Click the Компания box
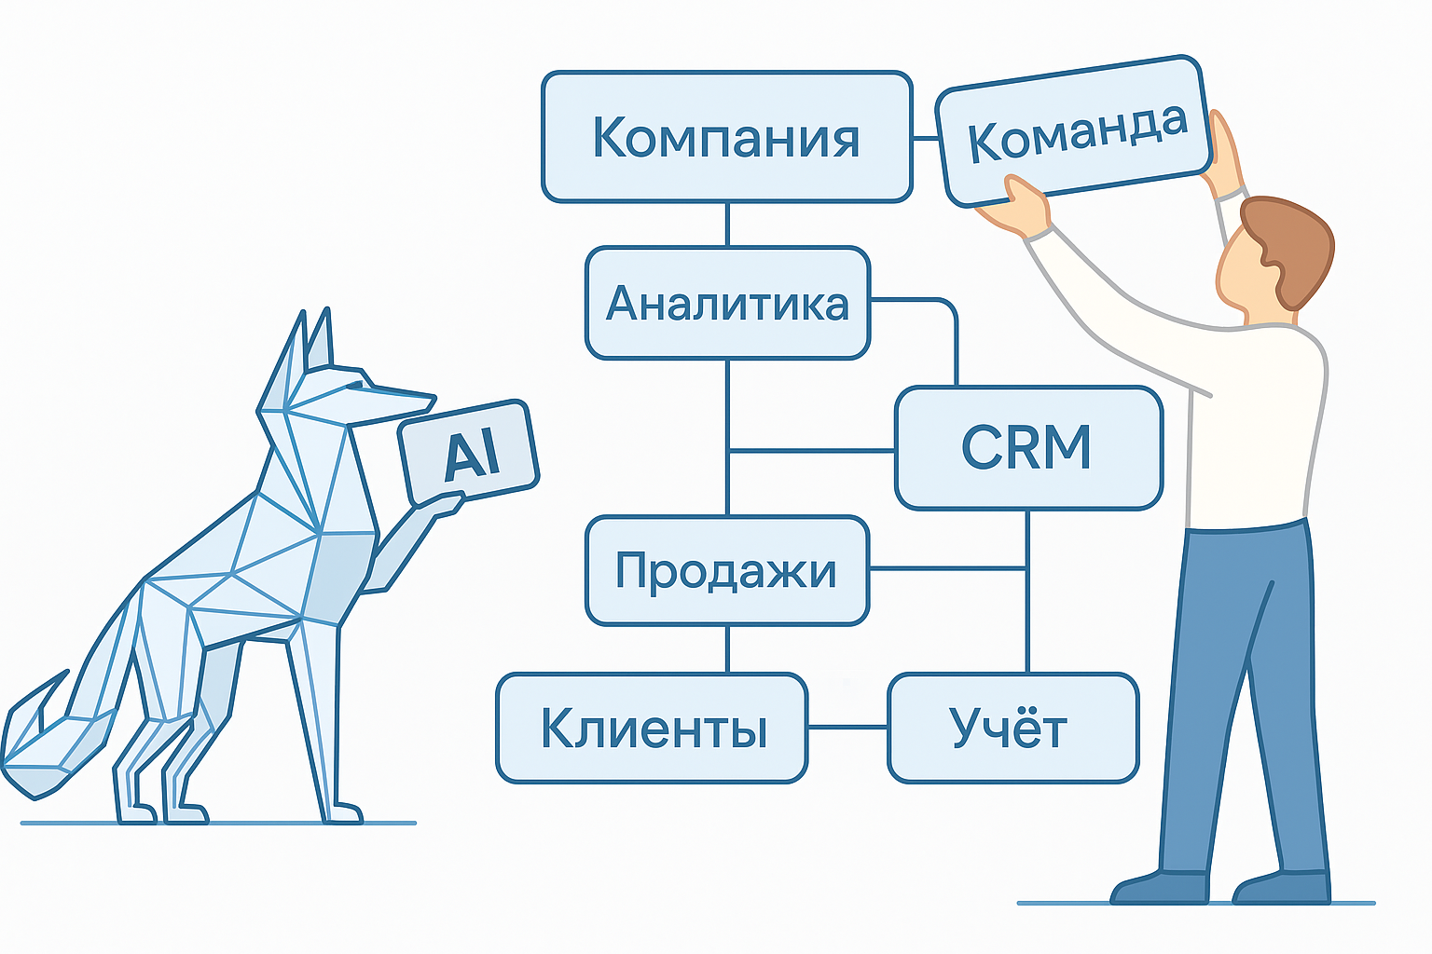pyautogui.click(x=726, y=137)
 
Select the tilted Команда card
pyautogui.click(x=1074, y=132)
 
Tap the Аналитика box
pyautogui.click(x=727, y=303)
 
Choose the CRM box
pyautogui.click(x=1027, y=448)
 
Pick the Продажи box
pyautogui.click(x=726, y=570)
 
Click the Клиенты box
pyautogui.click(x=652, y=728)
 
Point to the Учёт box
pyautogui.click(x=1012, y=728)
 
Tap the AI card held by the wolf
pyautogui.click(x=469, y=453)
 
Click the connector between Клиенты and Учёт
pyautogui.click(x=847, y=727)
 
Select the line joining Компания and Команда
pyautogui.click(x=924, y=138)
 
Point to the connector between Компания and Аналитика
pyautogui.click(x=727, y=225)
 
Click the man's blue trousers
pyautogui.click(x=1240, y=671)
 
